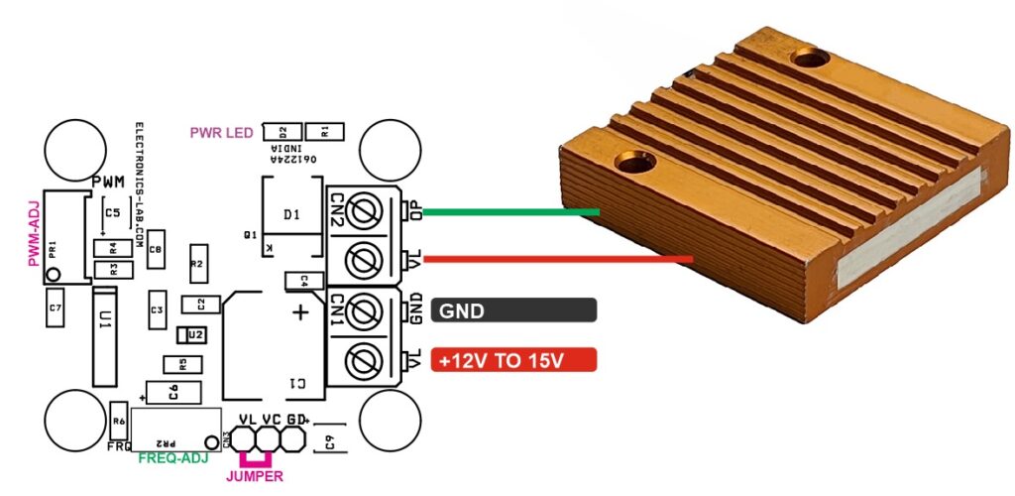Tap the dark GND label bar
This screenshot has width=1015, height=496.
[x=514, y=311]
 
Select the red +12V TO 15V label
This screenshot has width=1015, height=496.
[x=514, y=360]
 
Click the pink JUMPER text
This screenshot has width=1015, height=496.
[x=255, y=476]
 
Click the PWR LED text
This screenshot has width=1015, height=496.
[x=222, y=132]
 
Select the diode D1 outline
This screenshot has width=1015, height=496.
[x=291, y=215]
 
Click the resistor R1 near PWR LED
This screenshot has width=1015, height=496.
[x=320, y=131]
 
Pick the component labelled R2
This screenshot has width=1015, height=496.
[x=197, y=264]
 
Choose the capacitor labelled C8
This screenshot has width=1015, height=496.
[x=156, y=250]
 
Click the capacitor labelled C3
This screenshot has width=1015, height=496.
[x=156, y=311]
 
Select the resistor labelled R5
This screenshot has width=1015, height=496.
[x=174, y=364]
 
